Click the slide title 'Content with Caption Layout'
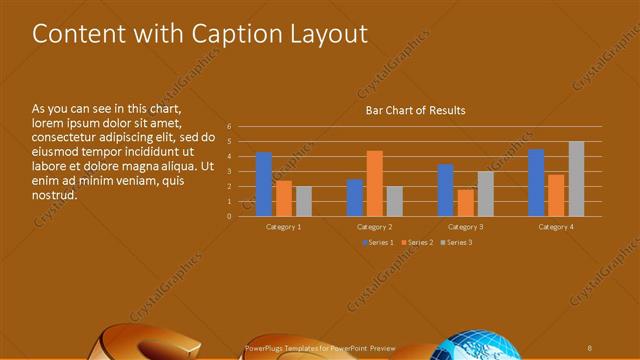click(200, 34)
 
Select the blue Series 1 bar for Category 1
click(264, 184)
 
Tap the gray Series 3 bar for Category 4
click(576, 178)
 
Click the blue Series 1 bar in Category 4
click(536, 182)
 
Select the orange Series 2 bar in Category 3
click(466, 202)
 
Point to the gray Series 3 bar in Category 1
click(304, 201)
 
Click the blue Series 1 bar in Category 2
click(355, 197)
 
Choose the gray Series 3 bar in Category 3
click(485, 193)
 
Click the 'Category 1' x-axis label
click(284, 227)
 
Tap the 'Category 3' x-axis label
click(466, 227)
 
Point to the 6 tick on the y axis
click(229, 127)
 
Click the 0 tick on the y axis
click(229, 216)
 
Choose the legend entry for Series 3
click(456, 242)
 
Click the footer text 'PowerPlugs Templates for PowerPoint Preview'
click(320, 349)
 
